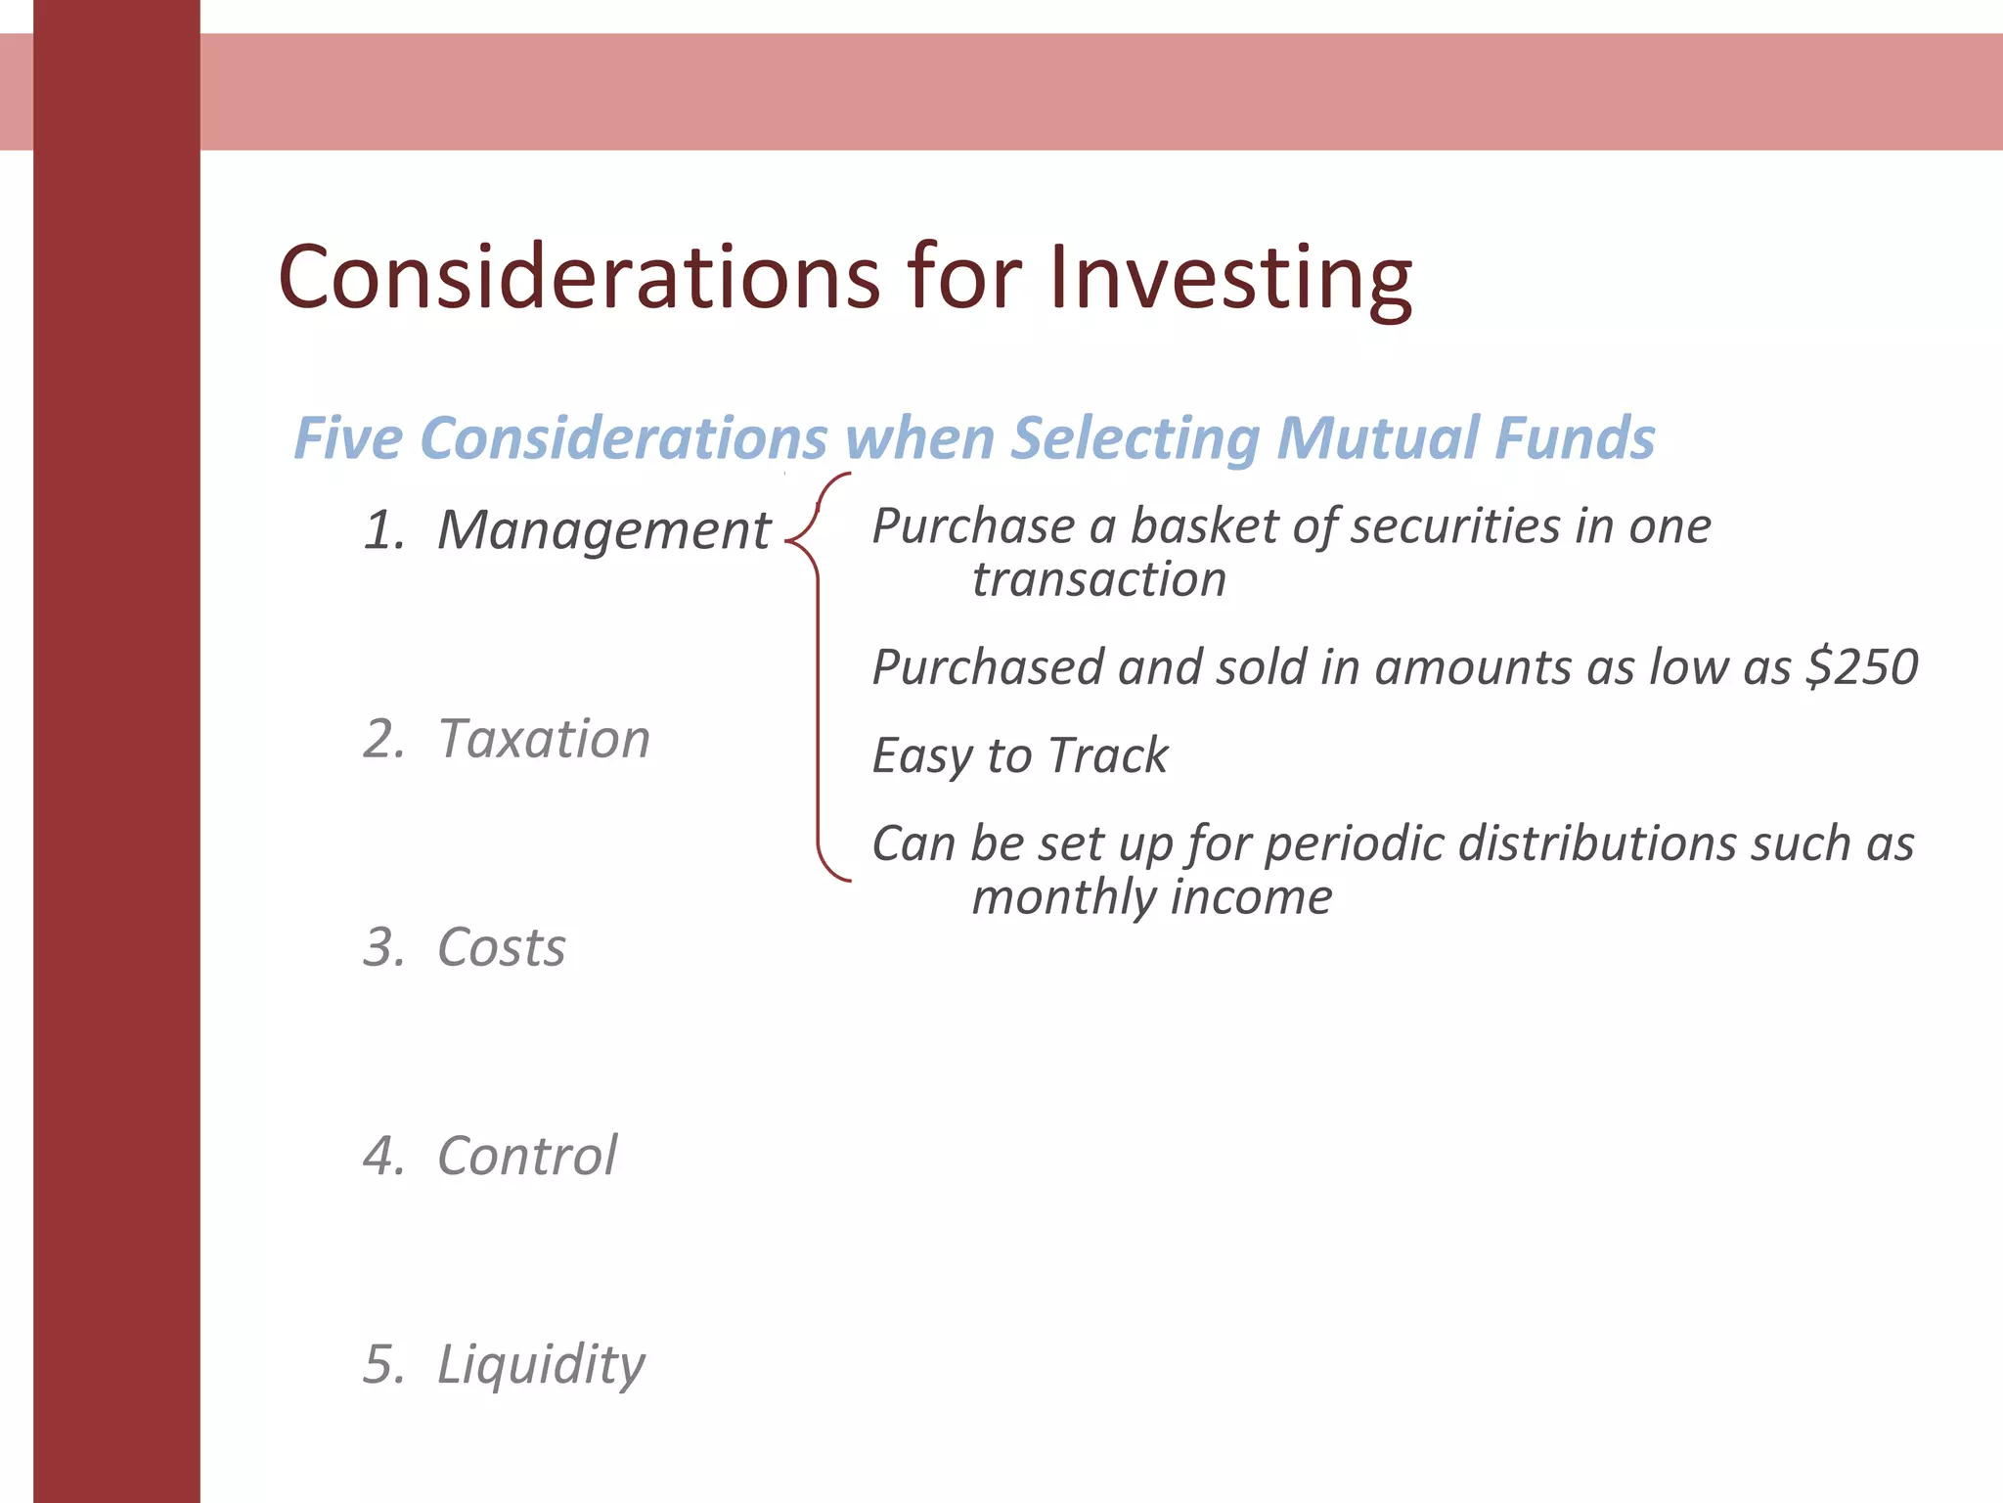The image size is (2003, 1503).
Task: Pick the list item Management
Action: (603, 530)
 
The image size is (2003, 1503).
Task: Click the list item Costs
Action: (501, 947)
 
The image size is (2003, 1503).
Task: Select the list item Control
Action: (527, 1156)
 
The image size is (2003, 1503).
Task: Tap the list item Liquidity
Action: (541, 1364)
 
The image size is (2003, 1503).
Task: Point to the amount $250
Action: (1862, 667)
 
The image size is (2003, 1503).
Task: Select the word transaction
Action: (1098, 579)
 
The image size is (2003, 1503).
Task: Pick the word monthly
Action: (1063, 897)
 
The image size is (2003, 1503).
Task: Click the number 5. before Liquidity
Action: (382, 1364)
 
